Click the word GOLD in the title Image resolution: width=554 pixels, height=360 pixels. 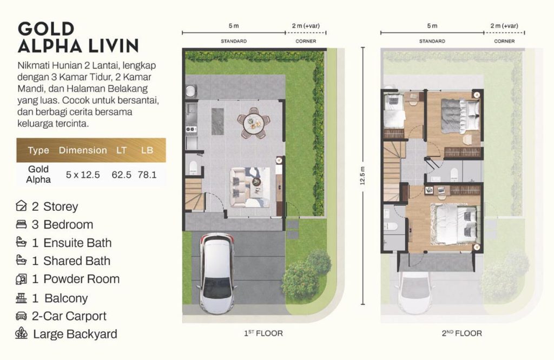pos(46,29)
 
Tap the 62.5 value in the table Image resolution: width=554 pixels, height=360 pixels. pos(122,175)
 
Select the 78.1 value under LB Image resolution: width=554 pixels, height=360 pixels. pos(147,175)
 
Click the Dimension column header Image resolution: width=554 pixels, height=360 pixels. pos(83,150)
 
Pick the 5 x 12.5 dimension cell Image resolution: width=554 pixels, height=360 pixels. pos(83,175)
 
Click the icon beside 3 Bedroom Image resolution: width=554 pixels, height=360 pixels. pos(21,224)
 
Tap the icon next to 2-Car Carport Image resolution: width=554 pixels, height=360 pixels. pos(21,316)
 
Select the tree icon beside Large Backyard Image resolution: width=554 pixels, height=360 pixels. pos(21,333)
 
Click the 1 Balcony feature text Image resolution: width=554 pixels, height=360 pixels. pos(60,298)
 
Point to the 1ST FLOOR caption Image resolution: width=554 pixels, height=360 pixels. pos(263,333)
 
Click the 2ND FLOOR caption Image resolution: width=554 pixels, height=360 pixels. pos(462,333)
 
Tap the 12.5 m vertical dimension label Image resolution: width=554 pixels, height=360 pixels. pos(362,176)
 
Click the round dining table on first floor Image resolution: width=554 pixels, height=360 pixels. pos(254,123)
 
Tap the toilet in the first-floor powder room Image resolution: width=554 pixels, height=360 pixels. pos(193,168)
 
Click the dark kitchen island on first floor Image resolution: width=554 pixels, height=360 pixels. pos(217,122)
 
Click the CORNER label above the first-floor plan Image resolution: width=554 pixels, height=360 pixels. pos(306,41)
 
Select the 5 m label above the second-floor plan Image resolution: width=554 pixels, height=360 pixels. pos(432,26)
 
